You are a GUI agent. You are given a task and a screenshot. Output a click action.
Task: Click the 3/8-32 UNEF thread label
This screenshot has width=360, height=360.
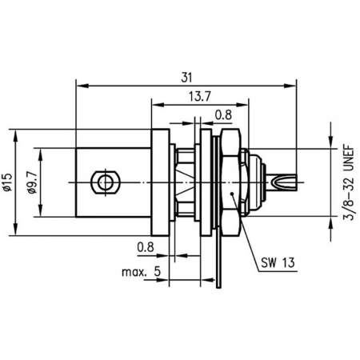346,182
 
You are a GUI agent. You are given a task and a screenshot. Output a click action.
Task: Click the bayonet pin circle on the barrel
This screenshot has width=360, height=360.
102,182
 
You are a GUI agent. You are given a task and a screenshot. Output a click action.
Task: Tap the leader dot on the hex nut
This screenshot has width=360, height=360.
231,194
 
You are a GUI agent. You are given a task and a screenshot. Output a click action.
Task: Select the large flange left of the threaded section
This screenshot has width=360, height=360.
160,182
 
